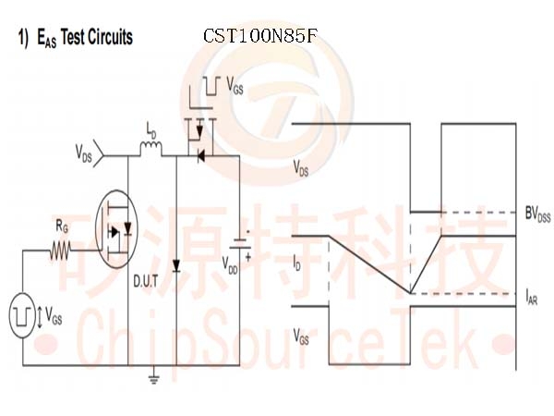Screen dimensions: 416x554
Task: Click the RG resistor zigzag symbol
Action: [x=62, y=250]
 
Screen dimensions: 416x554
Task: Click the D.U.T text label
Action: [x=144, y=281]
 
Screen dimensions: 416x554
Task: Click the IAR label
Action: [x=532, y=298]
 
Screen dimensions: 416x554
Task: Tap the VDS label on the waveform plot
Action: [x=300, y=168]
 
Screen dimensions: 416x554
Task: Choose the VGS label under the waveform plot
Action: [x=301, y=336]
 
